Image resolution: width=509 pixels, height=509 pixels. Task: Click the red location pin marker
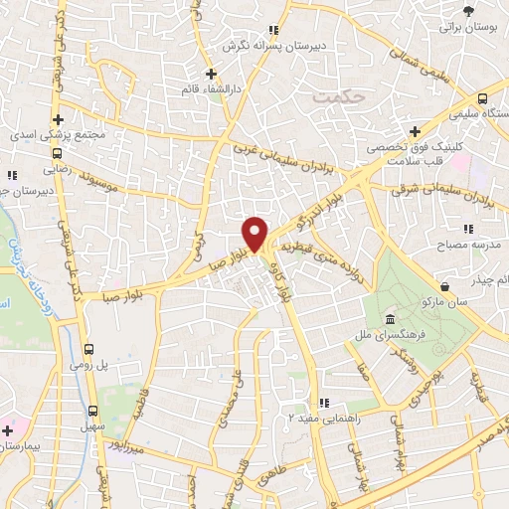click(255, 233)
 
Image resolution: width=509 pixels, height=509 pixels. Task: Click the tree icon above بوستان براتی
click(467, 12)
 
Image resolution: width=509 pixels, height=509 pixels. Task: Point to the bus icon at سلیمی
click(481, 99)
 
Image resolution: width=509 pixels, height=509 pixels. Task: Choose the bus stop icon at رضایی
click(59, 154)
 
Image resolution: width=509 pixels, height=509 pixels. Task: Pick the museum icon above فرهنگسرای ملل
click(388, 319)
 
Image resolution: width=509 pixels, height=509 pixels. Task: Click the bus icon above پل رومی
click(89, 350)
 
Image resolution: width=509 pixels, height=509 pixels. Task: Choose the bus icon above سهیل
click(93, 410)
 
